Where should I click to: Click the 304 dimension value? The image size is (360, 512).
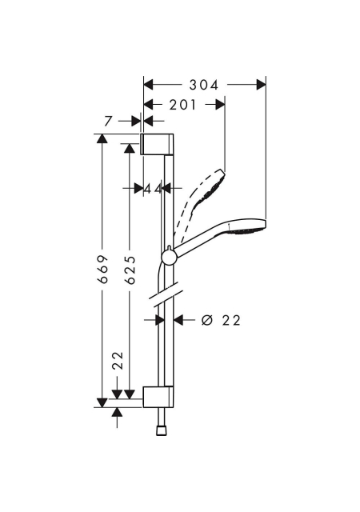click(x=204, y=86)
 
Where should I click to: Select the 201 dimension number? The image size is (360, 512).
click(x=183, y=105)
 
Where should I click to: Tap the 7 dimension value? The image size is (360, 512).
click(x=109, y=121)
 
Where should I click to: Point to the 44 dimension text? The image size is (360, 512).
click(x=154, y=189)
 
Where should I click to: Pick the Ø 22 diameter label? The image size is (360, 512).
click(x=221, y=320)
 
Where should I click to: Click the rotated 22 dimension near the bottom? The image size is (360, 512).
click(x=118, y=361)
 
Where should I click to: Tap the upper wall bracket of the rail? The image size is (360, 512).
click(x=157, y=144)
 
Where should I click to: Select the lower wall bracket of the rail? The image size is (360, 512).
click(x=158, y=397)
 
